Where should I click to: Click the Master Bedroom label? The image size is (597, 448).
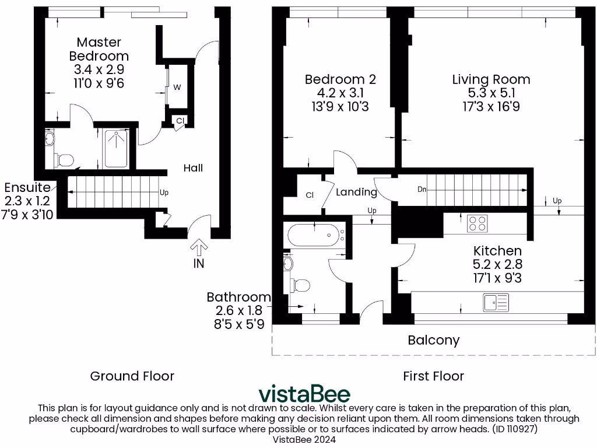pyautogui.click(x=99, y=49)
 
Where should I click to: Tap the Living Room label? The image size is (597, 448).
pyautogui.click(x=491, y=79)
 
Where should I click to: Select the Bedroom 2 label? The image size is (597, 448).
pyautogui.click(x=340, y=79)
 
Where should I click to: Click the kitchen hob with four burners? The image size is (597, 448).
pyautogui.click(x=478, y=223)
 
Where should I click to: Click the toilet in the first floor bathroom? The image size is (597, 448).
pyautogui.click(x=299, y=285)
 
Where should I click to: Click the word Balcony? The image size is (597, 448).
pyautogui.click(x=433, y=340)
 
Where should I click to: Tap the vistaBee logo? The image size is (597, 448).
pyautogui.click(x=304, y=393)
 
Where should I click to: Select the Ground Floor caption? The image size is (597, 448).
pyautogui.click(x=132, y=376)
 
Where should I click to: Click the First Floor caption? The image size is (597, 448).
pyautogui.click(x=433, y=376)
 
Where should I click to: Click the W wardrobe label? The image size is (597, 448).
pyautogui.click(x=178, y=87)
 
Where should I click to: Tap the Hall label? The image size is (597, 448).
pyautogui.click(x=193, y=168)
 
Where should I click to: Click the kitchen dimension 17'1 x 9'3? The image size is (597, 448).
pyautogui.click(x=497, y=278)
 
